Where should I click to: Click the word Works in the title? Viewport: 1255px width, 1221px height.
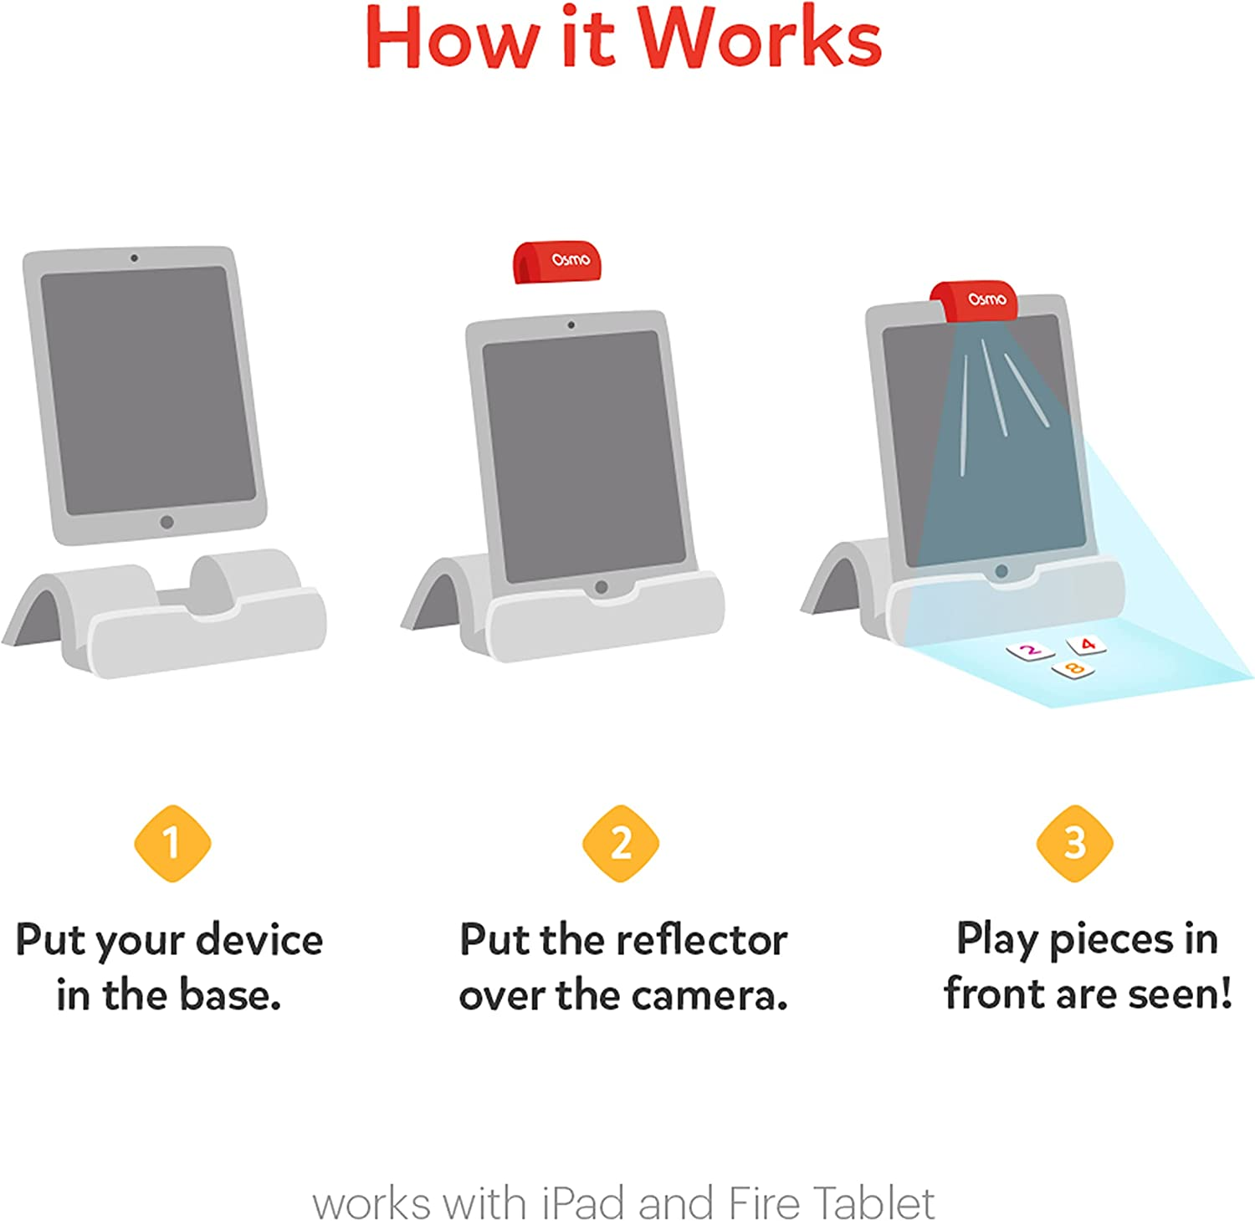click(760, 39)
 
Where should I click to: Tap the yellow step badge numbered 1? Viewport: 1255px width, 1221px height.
click(172, 843)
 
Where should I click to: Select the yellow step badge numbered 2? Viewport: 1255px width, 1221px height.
click(621, 843)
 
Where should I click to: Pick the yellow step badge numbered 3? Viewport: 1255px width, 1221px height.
click(1074, 843)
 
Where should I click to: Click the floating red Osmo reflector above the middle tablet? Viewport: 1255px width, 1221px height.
click(557, 262)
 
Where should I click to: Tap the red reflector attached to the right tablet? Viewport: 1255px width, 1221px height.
click(976, 301)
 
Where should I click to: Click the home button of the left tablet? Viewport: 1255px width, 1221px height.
click(166, 522)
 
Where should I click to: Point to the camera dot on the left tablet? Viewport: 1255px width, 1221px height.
click(134, 258)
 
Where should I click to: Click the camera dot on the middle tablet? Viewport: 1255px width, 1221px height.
click(571, 324)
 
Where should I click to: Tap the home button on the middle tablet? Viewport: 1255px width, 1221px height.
click(601, 587)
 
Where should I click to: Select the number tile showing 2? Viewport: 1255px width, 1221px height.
click(1030, 650)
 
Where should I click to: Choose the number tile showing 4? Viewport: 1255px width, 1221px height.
click(1087, 644)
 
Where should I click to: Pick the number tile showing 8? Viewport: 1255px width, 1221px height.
click(1073, 668)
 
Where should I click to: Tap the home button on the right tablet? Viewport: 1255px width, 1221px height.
click(1001, 571)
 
